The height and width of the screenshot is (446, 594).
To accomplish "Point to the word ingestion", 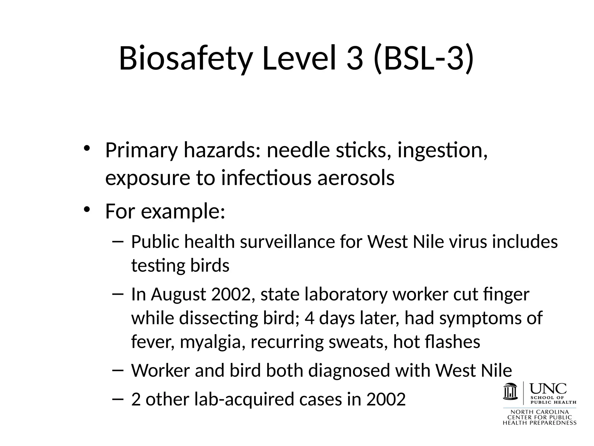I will coord(442,151).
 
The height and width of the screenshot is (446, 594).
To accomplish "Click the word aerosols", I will coord(356,178).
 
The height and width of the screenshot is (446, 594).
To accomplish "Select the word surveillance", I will coord(287,242).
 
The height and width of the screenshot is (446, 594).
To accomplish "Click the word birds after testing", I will coord(210,265).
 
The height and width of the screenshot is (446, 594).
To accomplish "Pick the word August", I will coord(178,294).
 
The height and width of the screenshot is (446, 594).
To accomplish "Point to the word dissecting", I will coord(218,318).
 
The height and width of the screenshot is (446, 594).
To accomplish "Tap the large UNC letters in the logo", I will coord(548,388).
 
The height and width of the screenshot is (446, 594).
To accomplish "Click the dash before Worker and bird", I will coord(117,370).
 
